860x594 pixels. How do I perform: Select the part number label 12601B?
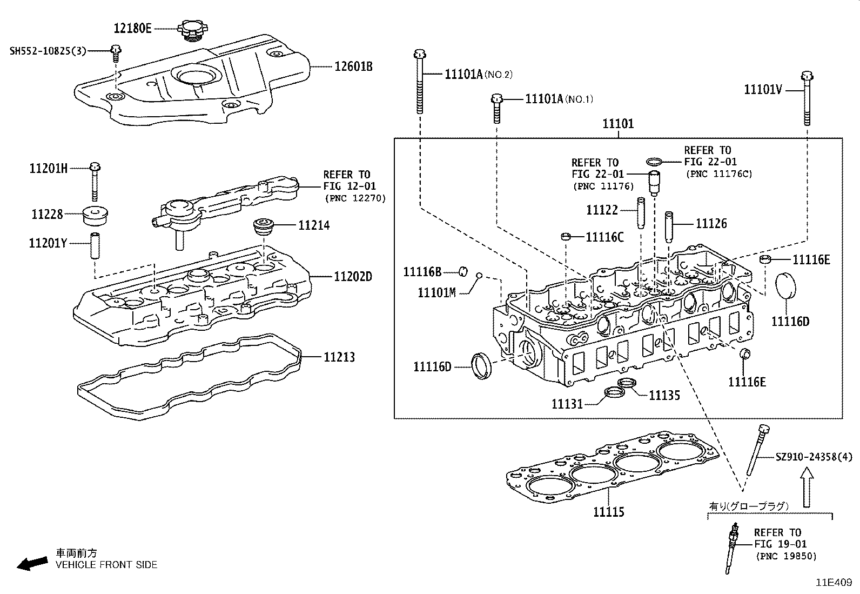coord(353,66)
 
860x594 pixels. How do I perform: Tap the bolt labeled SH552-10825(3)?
coord(116,51)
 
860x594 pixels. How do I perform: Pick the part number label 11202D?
coord(353,277)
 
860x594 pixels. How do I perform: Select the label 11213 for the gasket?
coord(339,357)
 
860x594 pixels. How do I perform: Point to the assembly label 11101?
coord(618,124)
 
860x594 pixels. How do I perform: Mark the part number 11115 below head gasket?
coord(609,511)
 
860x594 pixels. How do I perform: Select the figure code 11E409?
coord(833,583)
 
